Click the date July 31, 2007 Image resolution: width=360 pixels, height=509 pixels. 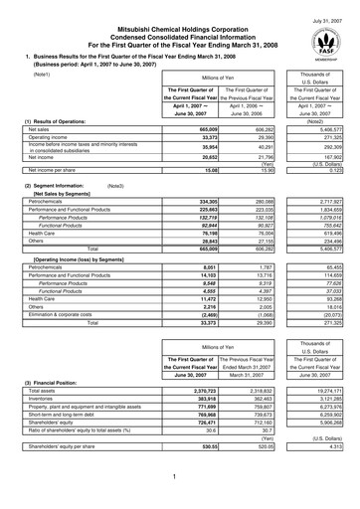(x=329, y=8)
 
